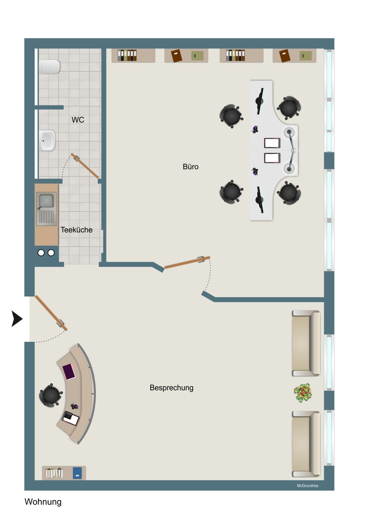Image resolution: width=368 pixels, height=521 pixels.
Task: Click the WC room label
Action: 78,120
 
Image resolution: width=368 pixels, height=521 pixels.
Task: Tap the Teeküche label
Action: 76,230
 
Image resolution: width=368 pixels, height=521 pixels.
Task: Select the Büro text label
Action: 191,167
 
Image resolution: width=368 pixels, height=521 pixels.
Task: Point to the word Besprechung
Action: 171,388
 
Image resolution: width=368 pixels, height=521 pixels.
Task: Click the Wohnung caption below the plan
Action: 43,502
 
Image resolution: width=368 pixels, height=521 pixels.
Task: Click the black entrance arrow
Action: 17,319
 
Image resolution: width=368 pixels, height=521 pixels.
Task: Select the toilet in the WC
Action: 49,67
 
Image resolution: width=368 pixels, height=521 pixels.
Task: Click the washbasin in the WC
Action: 47,141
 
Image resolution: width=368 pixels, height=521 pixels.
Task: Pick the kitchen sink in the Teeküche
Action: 46,209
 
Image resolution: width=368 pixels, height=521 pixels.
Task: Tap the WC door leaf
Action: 85,165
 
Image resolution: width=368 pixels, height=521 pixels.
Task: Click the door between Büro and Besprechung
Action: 187,262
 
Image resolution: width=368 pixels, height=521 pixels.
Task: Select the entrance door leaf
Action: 51,313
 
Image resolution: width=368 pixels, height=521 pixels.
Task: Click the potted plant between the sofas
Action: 302,393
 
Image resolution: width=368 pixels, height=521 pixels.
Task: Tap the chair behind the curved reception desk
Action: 50,396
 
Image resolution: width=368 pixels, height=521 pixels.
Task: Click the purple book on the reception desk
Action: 69,372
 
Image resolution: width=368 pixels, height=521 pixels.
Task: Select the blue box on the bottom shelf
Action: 77,473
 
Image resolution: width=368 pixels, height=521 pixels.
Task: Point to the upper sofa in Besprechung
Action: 306,343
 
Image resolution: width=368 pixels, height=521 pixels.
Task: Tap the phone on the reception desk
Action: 70,419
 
